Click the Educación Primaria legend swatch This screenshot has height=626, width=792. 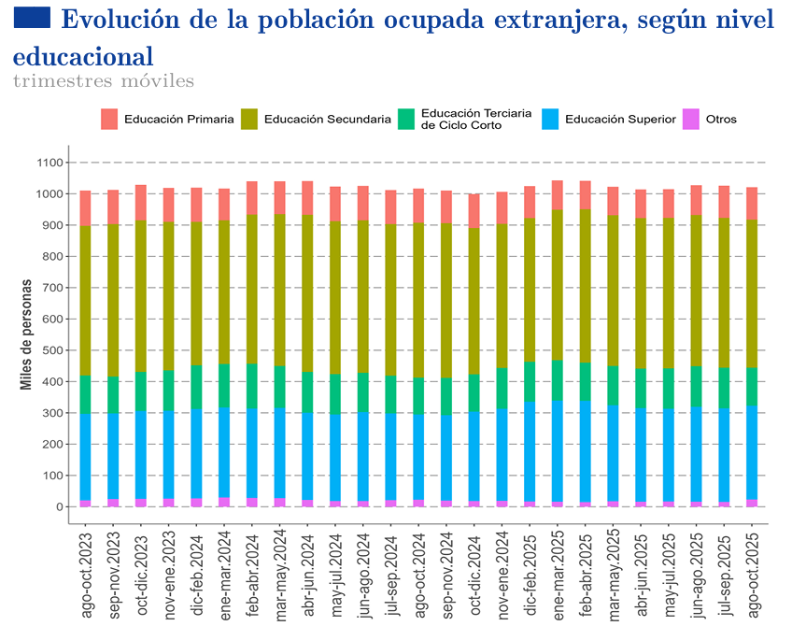coord(109,119)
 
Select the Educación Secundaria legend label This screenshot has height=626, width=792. coord(327,120)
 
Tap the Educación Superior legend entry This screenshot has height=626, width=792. coord(620,120)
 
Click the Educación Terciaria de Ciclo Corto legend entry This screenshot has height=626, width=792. coord(475,119)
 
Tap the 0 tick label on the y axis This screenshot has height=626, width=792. coord(59,507)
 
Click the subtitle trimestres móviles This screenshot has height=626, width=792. coord(104,81)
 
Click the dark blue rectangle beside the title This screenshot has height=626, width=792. coord(33,17)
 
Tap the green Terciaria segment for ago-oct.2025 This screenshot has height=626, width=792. coord(752,386)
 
